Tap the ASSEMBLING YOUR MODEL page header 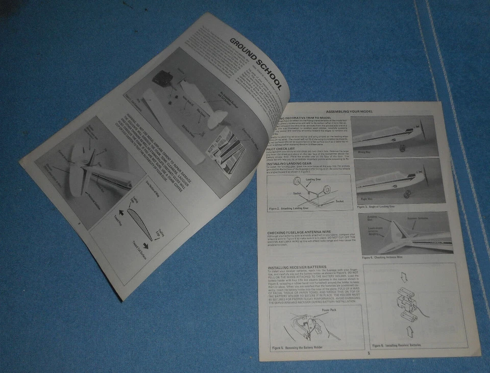[349, 111]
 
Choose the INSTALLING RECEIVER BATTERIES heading [301, 267]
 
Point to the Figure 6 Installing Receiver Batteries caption [395, 346]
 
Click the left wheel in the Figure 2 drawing [314, 191]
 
